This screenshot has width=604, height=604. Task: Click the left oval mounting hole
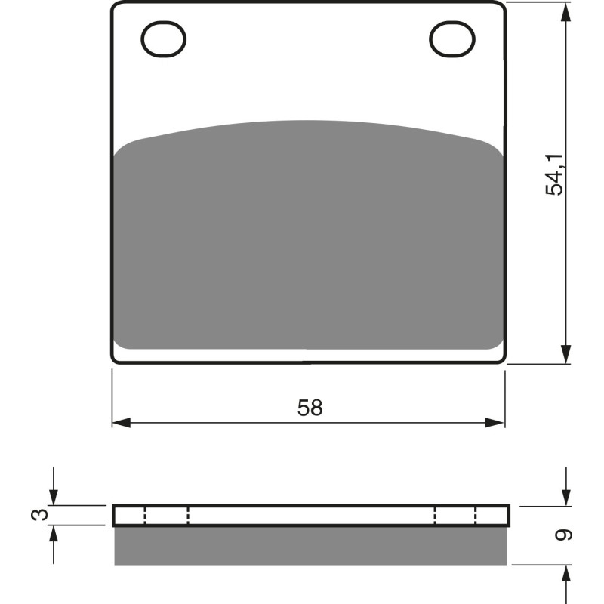163,39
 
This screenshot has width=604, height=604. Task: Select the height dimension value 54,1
555,174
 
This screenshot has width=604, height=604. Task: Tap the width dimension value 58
310,408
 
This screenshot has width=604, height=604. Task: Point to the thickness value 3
42,515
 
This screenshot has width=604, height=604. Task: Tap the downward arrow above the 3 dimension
53,496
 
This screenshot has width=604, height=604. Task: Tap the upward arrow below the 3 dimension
53,535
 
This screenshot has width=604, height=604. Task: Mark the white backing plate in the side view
310,516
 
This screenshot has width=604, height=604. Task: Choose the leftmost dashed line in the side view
144,516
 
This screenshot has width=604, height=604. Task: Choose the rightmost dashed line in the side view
476,516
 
